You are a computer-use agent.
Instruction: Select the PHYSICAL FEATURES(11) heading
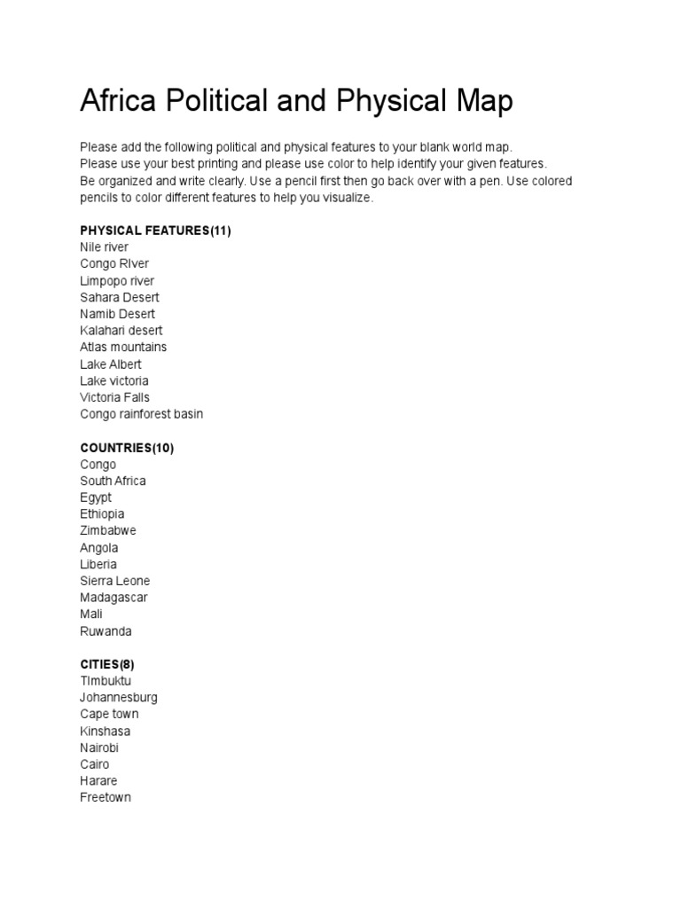155,231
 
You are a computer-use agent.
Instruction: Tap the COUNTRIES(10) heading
127,448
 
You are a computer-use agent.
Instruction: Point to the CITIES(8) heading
107,664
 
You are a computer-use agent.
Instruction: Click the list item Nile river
104,247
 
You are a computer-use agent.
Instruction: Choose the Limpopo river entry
117,281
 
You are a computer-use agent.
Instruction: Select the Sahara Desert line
120,297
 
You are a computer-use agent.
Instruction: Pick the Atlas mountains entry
123,347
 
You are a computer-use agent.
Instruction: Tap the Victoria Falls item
114,397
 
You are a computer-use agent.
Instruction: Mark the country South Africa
113,481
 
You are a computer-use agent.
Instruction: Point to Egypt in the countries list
96,497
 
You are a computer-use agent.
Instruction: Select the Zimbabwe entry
108,530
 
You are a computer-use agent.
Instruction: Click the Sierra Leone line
115,581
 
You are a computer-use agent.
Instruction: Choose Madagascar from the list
113,598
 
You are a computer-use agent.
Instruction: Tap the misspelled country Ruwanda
106,631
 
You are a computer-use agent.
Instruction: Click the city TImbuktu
106,681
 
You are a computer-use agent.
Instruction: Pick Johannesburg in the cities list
119,697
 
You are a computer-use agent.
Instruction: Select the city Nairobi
99,748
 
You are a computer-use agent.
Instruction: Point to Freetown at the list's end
106,797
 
